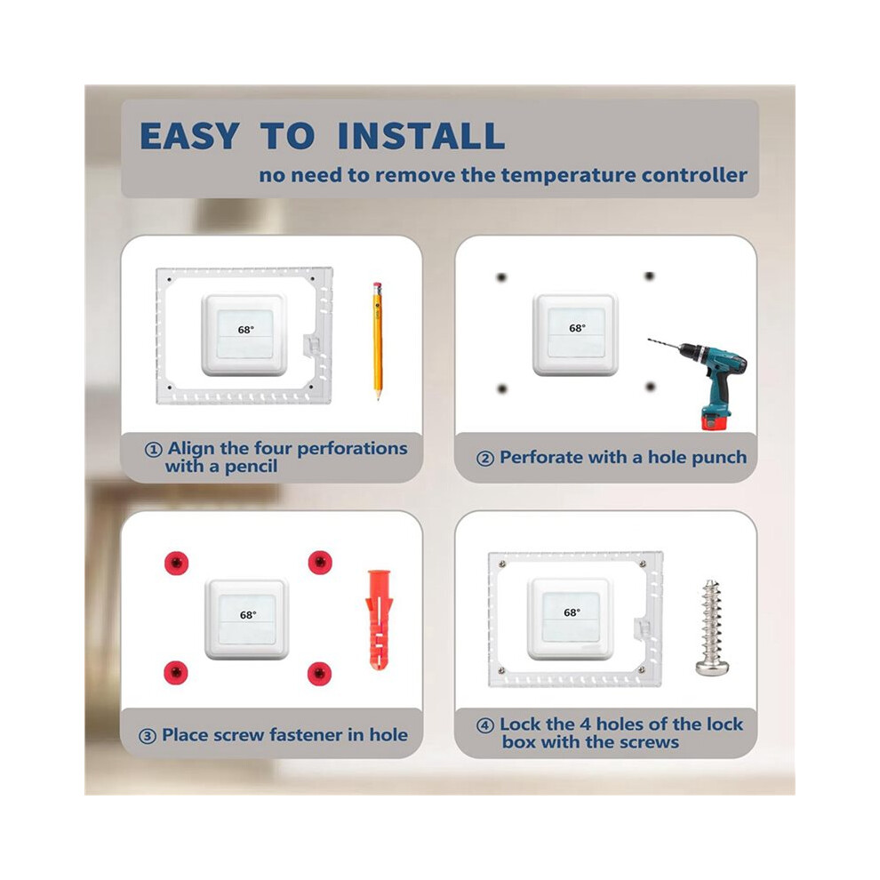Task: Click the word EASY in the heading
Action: coord(189,136)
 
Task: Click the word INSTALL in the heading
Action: coord(421,136)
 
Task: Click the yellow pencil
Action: coord(377,340)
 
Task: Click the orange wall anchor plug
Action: coord(379,620)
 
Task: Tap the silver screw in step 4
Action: coord(712,628)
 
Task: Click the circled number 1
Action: coord(153,450)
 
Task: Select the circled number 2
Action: coord(485,459)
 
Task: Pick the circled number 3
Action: coord(147,736)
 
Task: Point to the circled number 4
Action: coord(485,725)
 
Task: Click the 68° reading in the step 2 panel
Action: coord(577,328)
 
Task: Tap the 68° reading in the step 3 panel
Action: coord(247,614)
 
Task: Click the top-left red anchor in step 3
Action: coord(176,563)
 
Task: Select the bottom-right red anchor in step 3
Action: coord(319,673)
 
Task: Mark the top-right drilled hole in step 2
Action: coord(650,276)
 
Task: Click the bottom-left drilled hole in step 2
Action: coord(501,388)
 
